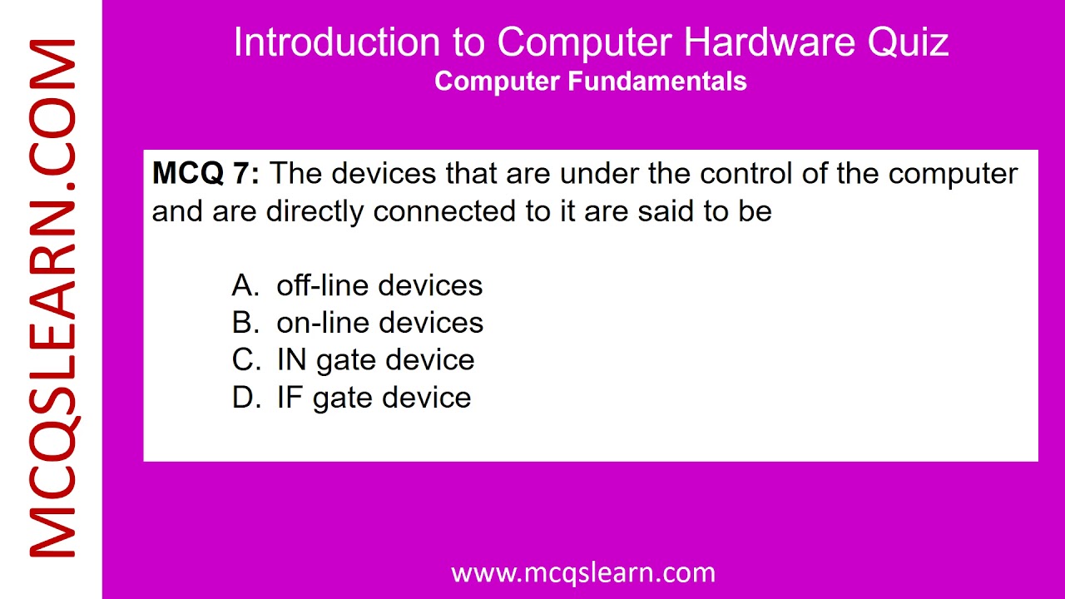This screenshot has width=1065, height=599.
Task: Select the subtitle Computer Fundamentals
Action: click(590, 82)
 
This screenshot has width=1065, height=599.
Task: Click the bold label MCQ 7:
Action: click(206, 174)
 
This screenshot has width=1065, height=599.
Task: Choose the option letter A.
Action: click(245, 285)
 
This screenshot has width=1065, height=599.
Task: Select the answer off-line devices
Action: click(379, 285)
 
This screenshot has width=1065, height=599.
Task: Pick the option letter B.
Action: click(245, 323)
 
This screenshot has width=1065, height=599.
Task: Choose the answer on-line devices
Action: click(379, 323)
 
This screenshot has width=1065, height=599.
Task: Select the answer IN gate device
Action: click(375, 360)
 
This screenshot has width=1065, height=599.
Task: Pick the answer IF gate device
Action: click(374, 398)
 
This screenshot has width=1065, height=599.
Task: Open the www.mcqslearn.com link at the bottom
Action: click(582, 572)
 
